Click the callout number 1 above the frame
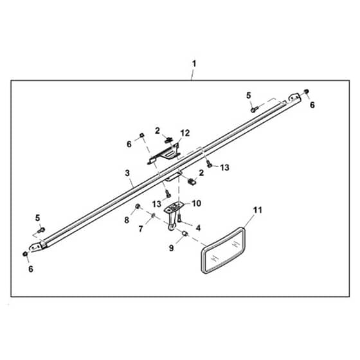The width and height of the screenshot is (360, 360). point(194,64)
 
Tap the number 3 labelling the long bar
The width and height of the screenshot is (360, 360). point(127,173)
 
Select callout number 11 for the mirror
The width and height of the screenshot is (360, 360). point(257,210)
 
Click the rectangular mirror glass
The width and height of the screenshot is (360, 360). point(223,251)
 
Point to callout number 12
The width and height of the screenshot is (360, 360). point(185,133)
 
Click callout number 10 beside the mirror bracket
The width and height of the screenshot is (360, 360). point(197,203)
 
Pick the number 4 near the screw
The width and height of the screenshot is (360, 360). point(198,228)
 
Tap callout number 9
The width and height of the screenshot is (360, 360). point(171,248)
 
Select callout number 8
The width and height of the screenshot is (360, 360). point(127,220)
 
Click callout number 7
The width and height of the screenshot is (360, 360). point(141,229)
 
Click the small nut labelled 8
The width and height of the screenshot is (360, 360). point(138,206)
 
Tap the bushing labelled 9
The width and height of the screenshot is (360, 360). point(185,234)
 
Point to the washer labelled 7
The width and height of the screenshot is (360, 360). point(153,215)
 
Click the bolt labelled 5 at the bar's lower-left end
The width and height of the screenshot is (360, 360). point(41,230)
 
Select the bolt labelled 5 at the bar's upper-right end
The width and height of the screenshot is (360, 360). point(254,109)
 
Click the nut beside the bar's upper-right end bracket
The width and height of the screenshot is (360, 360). point(306,91)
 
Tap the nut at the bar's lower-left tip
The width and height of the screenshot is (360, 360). point(25,254)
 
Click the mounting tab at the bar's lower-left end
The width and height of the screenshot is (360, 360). point(35,247)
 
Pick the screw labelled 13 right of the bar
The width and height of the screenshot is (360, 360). point(209,164)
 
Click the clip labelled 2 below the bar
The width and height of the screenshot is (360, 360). point(192,182)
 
